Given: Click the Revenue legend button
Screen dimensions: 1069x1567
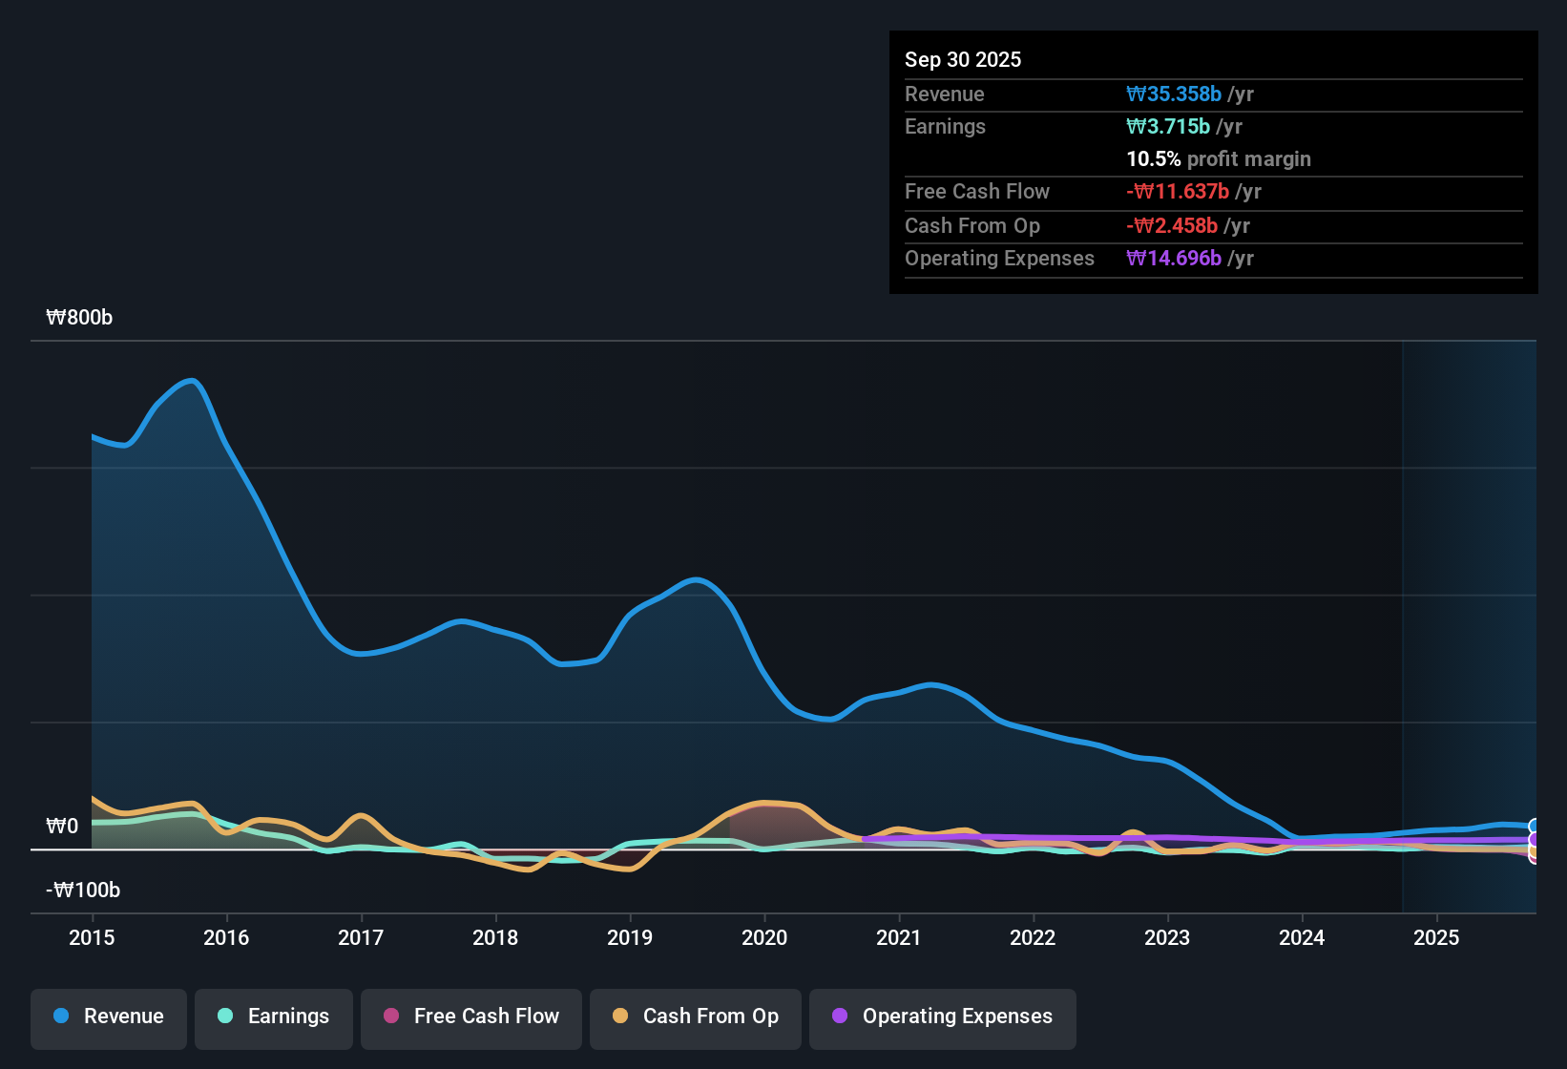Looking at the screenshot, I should (109, 1017).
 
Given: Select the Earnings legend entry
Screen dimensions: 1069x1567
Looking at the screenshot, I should (274, 1017).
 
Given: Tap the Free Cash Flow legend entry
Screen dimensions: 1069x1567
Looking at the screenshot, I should (471, 1017).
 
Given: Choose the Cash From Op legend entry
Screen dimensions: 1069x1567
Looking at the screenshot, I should (696, 1017).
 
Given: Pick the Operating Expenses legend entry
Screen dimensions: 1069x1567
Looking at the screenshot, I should (943, 1017).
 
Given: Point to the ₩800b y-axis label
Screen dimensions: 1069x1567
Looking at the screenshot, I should (79, 318).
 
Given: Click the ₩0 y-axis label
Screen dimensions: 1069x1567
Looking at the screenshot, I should (62, 827).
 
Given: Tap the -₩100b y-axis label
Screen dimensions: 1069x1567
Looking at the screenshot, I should (83, 891).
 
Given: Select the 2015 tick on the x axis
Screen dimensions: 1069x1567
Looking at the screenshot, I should (92, 937).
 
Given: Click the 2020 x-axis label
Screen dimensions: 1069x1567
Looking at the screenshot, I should (764, 937).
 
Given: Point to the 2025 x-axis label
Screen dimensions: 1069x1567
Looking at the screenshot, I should (1436, 937).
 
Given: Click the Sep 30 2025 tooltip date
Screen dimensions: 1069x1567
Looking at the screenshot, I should (963, 59).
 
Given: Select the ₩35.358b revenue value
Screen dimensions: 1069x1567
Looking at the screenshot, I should (1174, 94).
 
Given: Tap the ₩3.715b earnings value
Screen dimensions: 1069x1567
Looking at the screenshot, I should (1168, 126).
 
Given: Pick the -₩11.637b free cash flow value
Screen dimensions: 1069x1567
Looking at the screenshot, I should (1178, 191).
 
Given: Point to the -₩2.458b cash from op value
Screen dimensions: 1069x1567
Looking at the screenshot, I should (1172, 225).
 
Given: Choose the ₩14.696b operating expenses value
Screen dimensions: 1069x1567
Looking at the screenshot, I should (1174, 258).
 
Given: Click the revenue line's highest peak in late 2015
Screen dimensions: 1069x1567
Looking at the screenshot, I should (193, 381).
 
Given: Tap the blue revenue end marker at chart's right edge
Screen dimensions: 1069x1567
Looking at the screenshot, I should (1534, 827).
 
